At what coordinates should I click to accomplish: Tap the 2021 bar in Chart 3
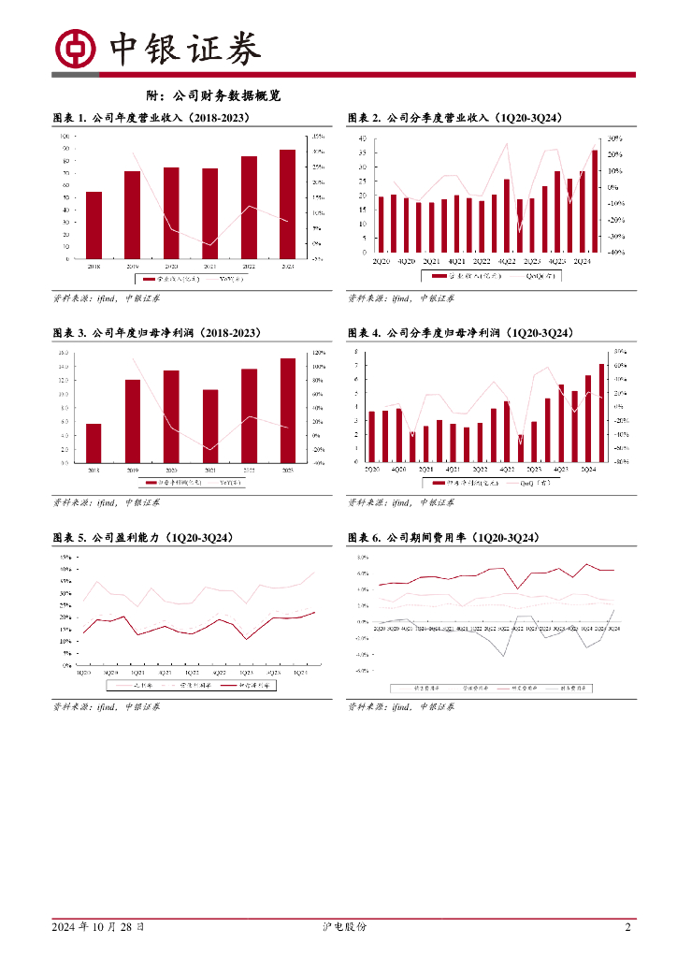tap(210, 426)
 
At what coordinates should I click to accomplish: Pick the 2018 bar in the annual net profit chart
tap(94, 443)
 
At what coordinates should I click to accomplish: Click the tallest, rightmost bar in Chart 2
tap(594, 200)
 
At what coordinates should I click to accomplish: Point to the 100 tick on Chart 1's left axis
tap(65, 136)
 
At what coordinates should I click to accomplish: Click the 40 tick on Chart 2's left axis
tap(362, 138)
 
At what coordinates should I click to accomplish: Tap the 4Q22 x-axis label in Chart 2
tap(506, 261)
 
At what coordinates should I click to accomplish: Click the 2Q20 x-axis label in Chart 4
tap(371, 468)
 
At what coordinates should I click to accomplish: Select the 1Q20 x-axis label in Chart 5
tap(83, 673)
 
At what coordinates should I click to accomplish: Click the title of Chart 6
tap(443, 539)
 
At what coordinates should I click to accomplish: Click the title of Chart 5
tap(143, 539)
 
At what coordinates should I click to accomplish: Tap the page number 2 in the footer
tap(627, 927)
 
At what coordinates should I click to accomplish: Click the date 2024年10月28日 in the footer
tap(98, 927)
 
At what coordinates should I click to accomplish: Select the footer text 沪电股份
tap(338, 927)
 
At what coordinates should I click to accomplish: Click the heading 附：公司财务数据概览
tap(214, 95)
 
